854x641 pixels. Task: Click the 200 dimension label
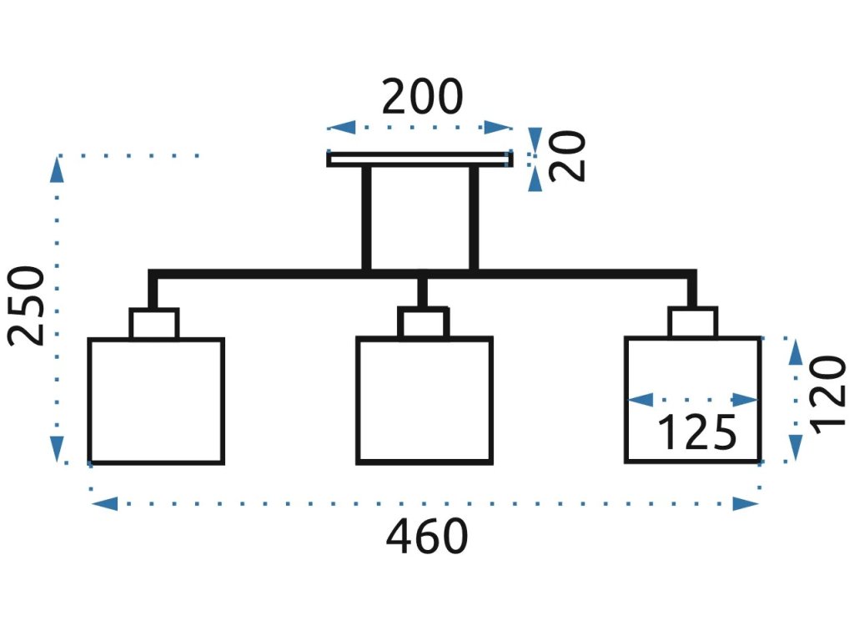pyautogui.click(x=422, y=97)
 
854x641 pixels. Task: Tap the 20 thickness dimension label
pyautogui.click(x=567, y=156)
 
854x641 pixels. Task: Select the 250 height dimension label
pyautogui.click(x=25, y=305)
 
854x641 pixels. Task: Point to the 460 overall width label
pyautogui.click(x=427, y=537)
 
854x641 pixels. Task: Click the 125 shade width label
pyautogui.click(x=697, y=433)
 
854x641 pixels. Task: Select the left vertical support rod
pyautogui.click(x=367, y=218)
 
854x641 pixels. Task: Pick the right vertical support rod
pyautogui.click(x=474, y=218)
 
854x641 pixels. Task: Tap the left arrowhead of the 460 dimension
pyautogui.click(x=104, y=503)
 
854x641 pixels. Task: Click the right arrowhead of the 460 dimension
pyautogui.click(x=746, y=503)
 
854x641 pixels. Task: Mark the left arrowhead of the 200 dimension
pyautogui.click(x=341, y=128)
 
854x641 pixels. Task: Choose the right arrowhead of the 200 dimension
pyautogui.click(x=498, y=128)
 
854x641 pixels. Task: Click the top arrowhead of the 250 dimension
pyautogui.click(x=57, y=169)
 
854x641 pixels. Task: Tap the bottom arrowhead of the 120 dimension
pyautogui.click(x=796, y=447)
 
